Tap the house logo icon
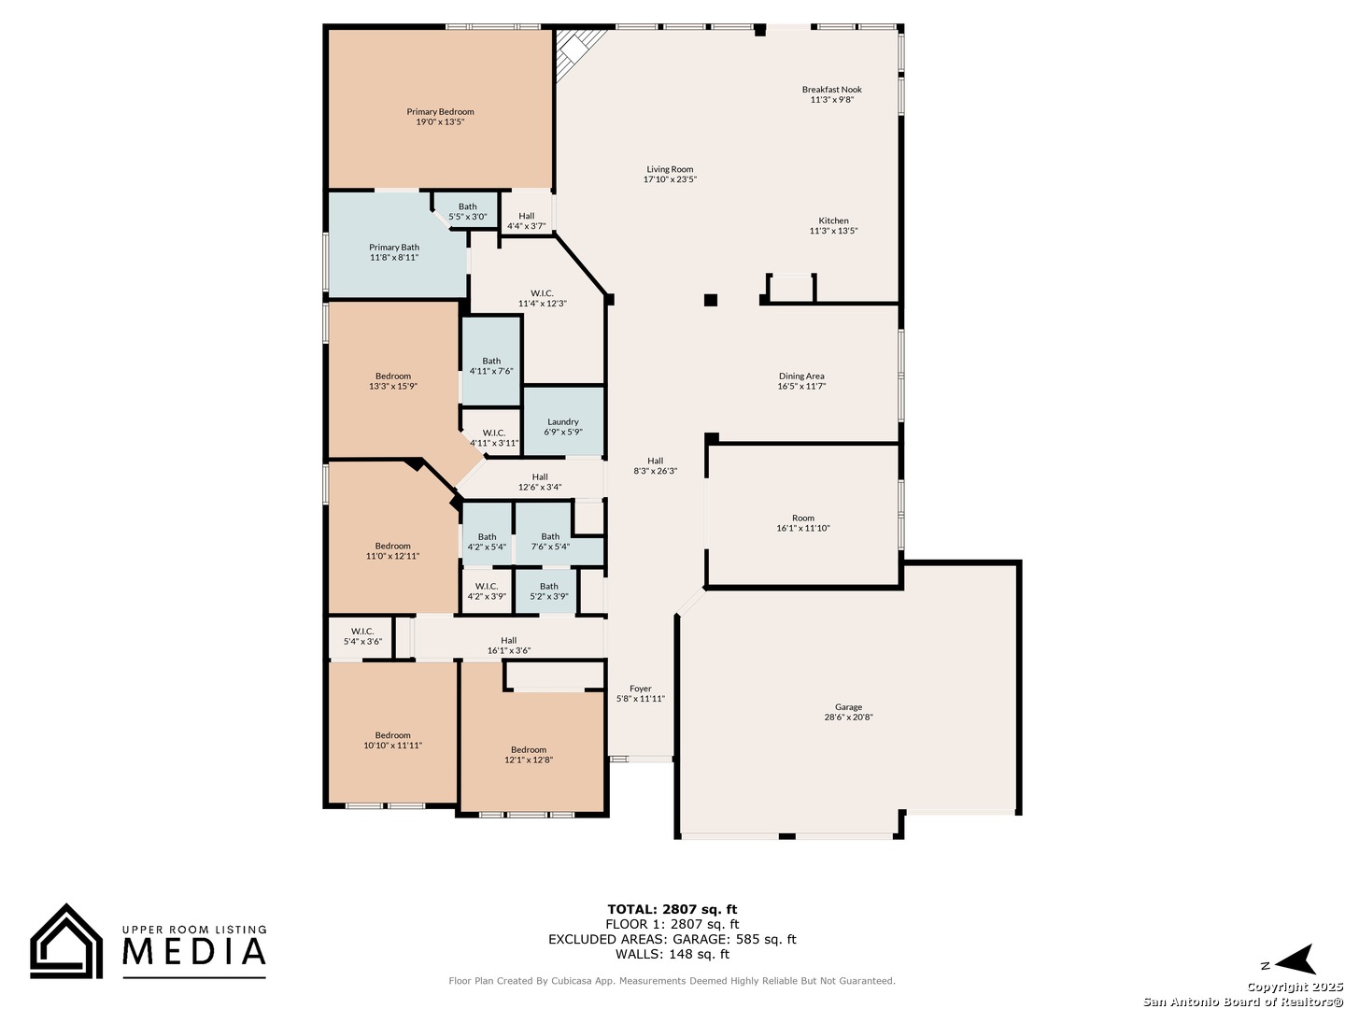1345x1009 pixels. tap(66, 941)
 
